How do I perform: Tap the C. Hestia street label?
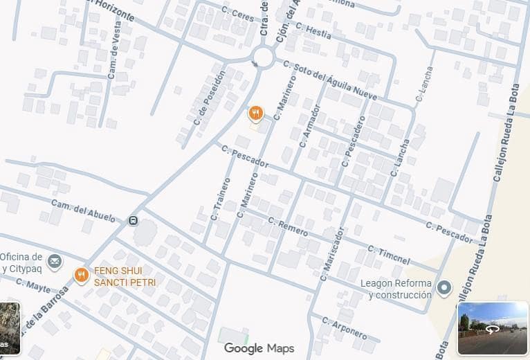(313, 31)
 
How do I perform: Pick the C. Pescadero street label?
(354, 141)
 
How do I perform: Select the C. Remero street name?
(288, 227)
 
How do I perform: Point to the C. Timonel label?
(389, 255)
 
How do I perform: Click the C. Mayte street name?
(33, 287)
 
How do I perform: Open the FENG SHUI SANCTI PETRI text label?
(125, 276)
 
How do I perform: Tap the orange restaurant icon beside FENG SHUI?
(82, 276)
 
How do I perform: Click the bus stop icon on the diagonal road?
(133, 221)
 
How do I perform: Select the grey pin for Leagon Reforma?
(445, 287)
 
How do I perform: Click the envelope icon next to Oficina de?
(55, 262)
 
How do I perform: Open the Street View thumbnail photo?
(493, 328)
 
